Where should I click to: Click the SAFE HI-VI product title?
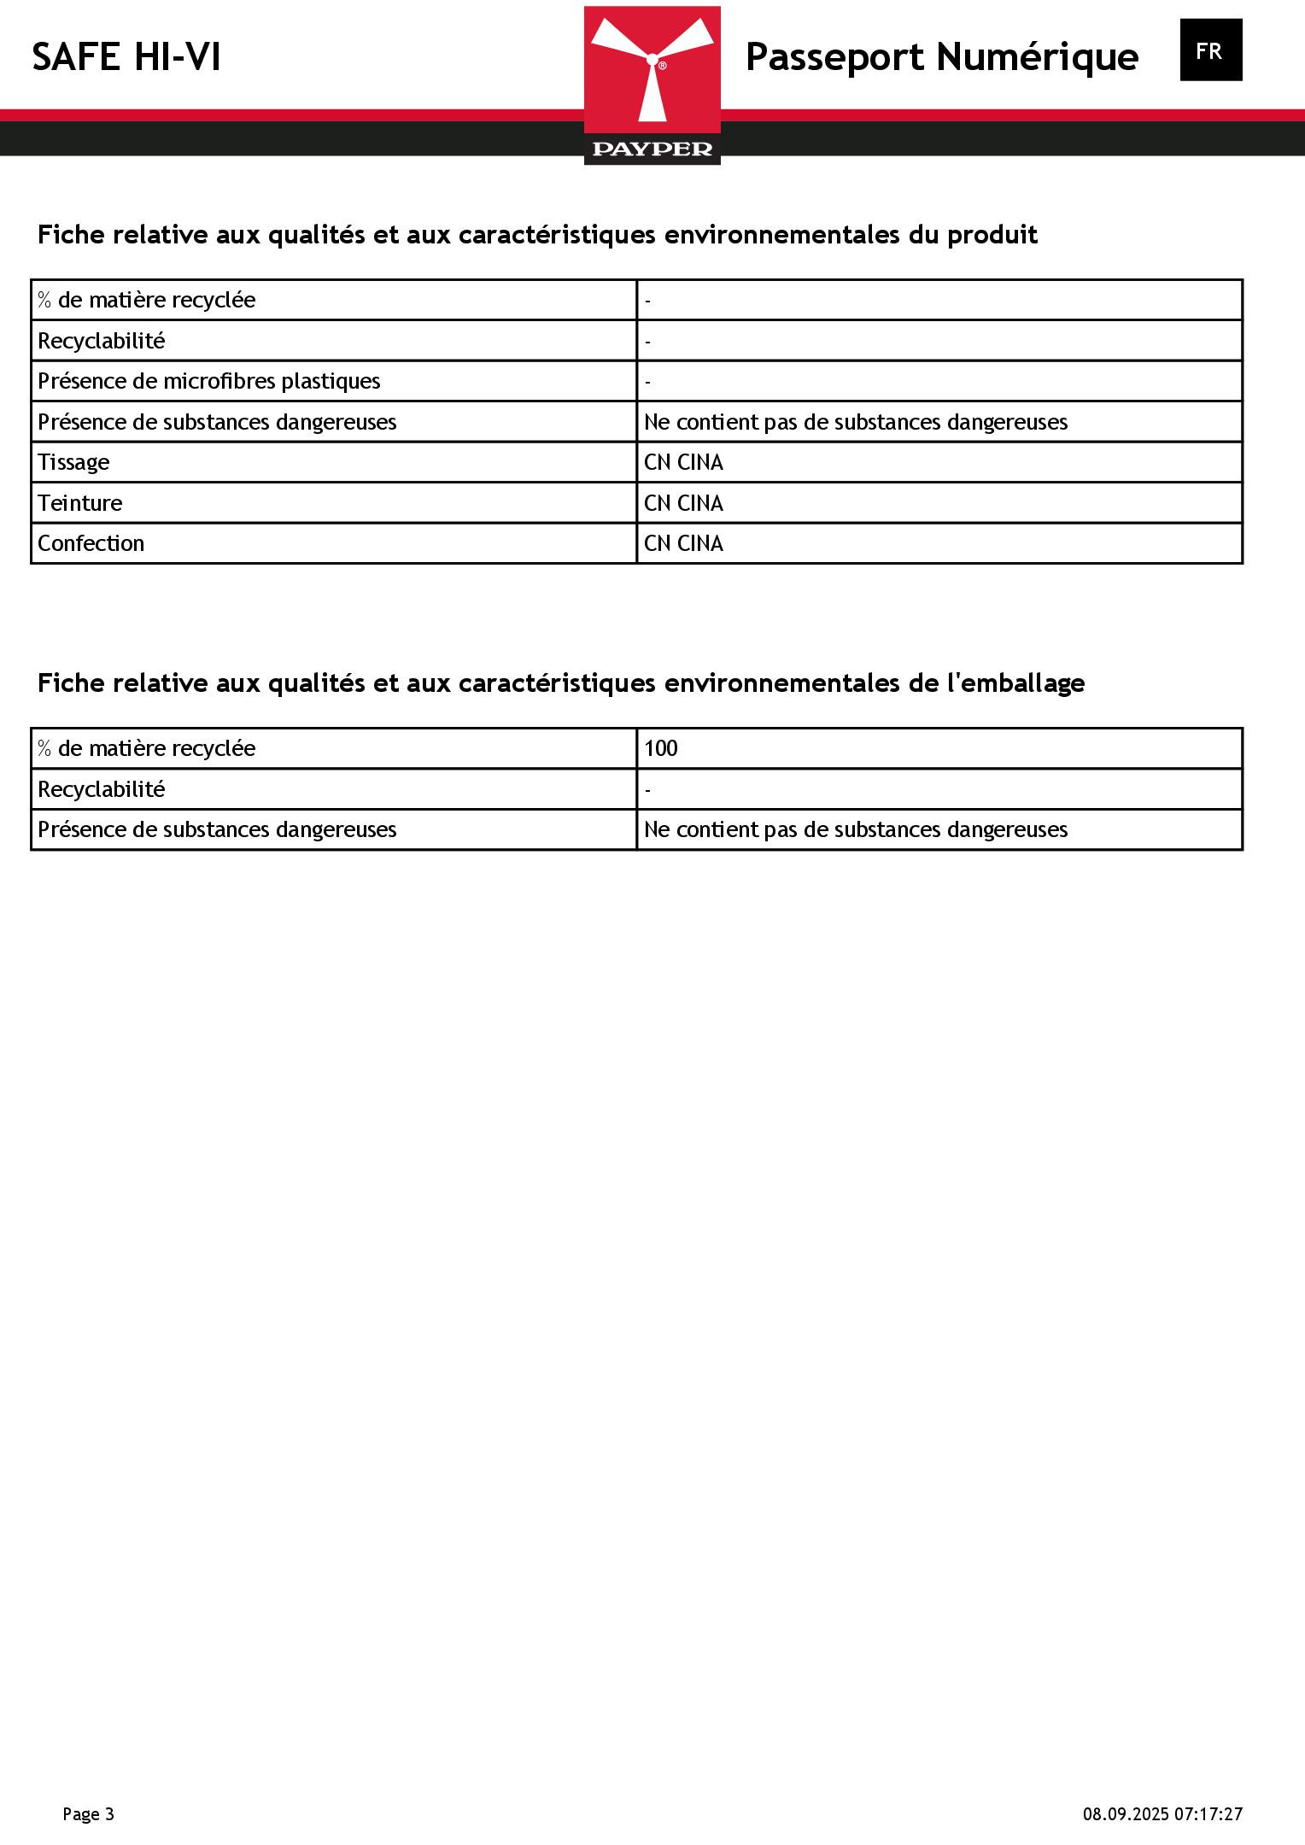[x=126, y=58]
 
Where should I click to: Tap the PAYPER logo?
[x=652, y=85]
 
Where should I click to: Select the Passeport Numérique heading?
[x=941, y=57]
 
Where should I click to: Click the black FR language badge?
[x=1210, y=50]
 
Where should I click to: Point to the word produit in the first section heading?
[x=992, y=235]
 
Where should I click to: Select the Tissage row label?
[x=73, y=462]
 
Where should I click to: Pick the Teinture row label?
[x=79, y=503]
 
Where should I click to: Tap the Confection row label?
[x=91, y=543]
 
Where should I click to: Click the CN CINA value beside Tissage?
[x=683, y=462]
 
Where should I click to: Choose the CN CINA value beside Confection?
[x=683, y=543]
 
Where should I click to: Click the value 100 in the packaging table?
[x=660, y=748]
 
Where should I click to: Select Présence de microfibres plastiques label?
[x=208, y=381]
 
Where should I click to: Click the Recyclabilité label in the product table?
[x=101, y=341]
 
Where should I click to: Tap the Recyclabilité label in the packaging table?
[x=101, y=789]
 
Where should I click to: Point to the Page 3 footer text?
[x=88, y=1814]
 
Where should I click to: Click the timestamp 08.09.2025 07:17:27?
[x=1162, y=1814]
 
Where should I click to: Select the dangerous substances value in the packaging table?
[x=855, y=829]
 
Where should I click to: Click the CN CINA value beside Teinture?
[x=683, y=503]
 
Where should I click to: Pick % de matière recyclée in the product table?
[x=146, y=300]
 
